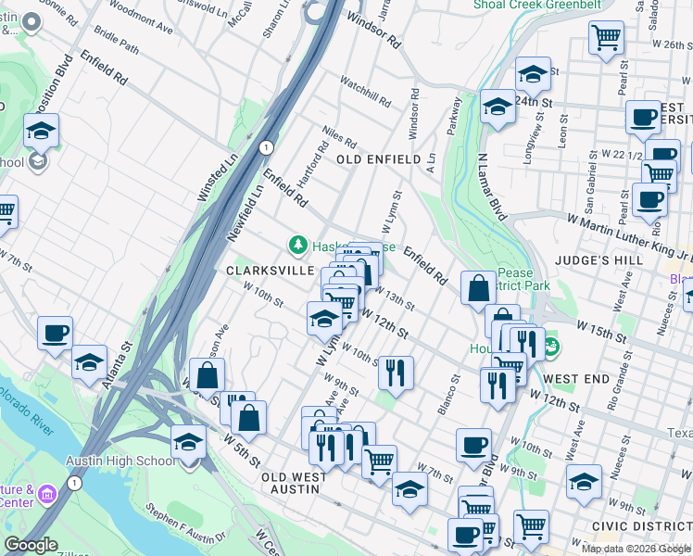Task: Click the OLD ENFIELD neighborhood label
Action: pyautogui.click(x=379, y=160)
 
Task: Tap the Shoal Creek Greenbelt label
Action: pyautogui.click(x=536, y=5)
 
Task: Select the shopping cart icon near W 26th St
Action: pyautogui.click(x=606, y=39)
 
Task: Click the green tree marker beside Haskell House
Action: pyautogui.click(x=297, y=246)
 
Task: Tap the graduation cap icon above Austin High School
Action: pyautogui.click(x=188, y=441)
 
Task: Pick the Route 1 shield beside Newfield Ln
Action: pyautogui.click(x=266, y=147)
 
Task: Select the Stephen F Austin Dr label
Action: pyautogui.click(x=186, y=524)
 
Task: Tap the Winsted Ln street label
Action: pyautogui.click(x=205, y=180)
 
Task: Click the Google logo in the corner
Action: pyautogui.click(x=31, y=545)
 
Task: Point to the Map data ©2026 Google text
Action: pyautogui.click(x=636, y=549)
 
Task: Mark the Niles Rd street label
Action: pyautogui.click(x=339, y=137)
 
